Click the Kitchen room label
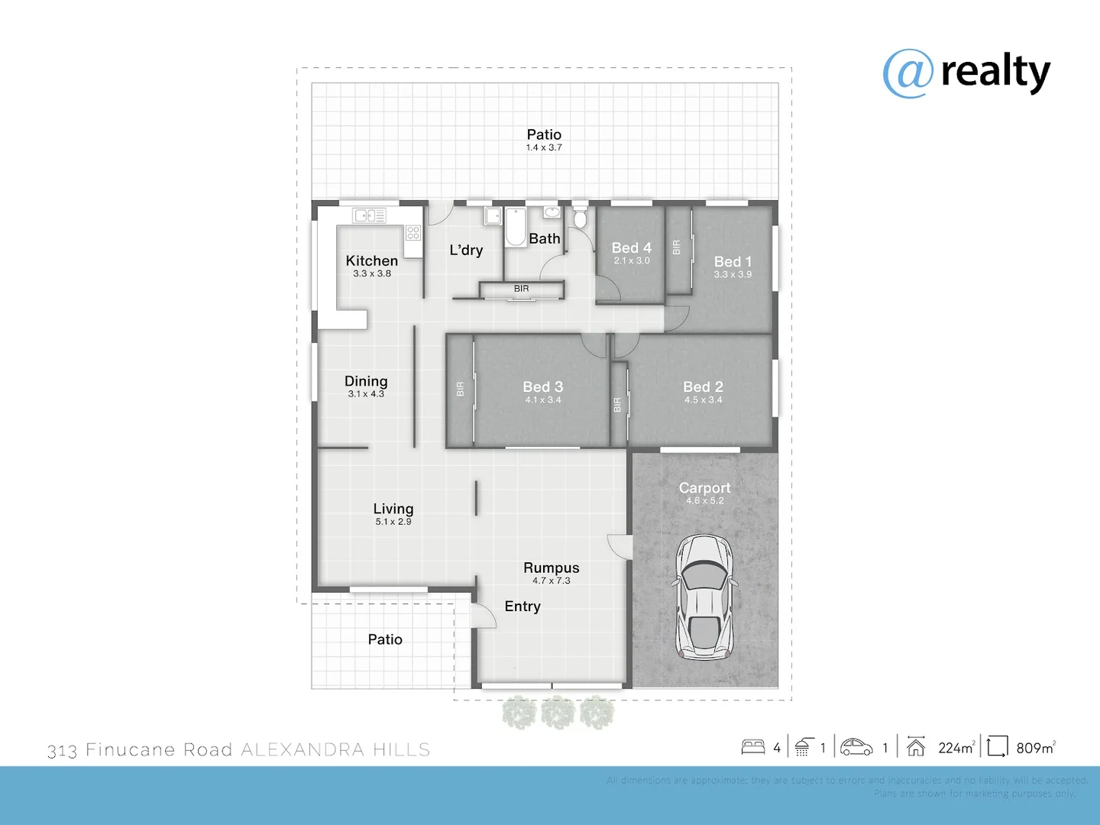pos(371,260)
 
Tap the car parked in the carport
pos(704,597)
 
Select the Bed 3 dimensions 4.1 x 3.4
pos(543,400)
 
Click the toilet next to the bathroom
pos(580,218)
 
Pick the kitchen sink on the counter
pos(369,216)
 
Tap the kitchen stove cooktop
pos(413,232)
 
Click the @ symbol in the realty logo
pos(908,74)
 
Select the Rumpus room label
pos(551,568)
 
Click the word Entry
pos(522,607)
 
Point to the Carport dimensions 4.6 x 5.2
pos(704,501)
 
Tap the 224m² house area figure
pos(956,748)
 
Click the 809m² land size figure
pos(1036,748)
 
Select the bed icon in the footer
pos(753,746)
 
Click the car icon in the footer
pos(856,747)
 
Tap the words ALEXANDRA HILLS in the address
pos(335,750)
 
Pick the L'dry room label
pos(466,251)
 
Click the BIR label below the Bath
pos(522,289)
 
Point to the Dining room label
pos(366,381)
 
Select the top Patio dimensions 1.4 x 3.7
pos(544,147)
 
